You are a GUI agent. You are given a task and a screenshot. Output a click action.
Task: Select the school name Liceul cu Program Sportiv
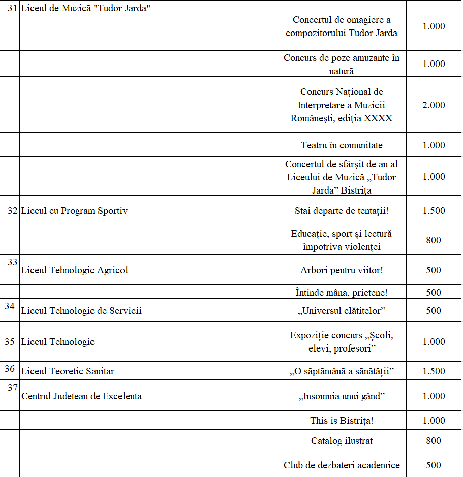click(74, 211)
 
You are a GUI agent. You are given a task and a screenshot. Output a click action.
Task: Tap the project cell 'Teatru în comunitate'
click(342, 145)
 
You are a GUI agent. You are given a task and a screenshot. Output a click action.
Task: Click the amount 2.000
click(434, 105)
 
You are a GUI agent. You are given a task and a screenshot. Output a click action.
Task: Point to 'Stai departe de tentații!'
click(342, 211)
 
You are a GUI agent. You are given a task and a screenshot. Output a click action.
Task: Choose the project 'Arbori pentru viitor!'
click(342, 270)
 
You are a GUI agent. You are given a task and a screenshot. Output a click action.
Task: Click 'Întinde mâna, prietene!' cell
click(342, 292)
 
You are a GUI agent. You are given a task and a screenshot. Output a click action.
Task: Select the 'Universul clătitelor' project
click(342, 310)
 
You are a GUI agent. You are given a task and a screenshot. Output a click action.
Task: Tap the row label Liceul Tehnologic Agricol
click(75, 270)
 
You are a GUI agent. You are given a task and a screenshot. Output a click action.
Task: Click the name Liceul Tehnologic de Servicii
click(81, 311)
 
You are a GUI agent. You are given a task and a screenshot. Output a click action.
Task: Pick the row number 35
click(10, 341)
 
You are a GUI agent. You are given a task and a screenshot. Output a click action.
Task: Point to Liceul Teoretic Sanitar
click(68, 371)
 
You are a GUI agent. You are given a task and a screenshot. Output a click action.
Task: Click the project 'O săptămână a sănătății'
click(342, 371)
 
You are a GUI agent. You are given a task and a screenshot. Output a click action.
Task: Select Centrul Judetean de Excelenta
click(81, 396)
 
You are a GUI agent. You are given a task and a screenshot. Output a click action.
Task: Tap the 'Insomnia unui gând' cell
click(342, 396)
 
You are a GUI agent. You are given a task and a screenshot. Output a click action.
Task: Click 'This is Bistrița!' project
click(342, 421)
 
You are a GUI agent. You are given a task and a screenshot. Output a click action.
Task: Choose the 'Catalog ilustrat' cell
click(342, 441)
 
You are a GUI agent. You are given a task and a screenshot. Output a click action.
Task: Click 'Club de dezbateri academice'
click(342, 465)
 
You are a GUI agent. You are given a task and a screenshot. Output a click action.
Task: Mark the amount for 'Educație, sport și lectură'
click(434, 240)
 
